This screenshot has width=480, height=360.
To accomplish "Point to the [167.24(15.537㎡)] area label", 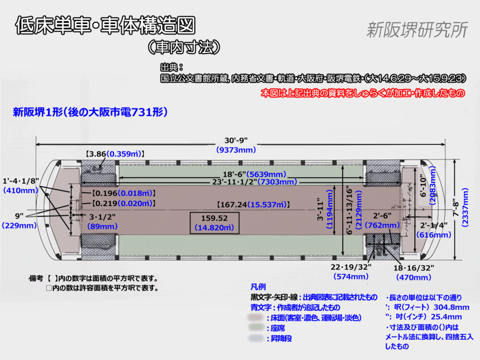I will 253,205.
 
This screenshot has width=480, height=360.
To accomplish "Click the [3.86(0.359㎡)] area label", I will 115,153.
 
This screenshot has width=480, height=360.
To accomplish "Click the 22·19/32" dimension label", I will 351,267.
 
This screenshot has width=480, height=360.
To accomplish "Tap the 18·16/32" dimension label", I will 414,268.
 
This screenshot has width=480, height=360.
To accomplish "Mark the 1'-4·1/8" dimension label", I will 21,181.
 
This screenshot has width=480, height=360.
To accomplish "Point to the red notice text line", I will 363,93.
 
